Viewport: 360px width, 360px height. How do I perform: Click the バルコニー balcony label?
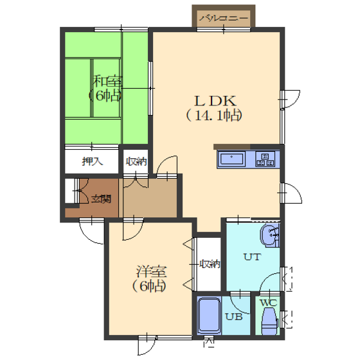[x=224, y=18]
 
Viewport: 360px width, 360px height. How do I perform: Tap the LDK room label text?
[x=215, y=101]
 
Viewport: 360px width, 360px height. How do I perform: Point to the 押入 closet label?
[x=93, y=161]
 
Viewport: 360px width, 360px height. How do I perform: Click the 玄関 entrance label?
[x=102, y=199]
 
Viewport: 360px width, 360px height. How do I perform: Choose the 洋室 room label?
[x=152, y=271]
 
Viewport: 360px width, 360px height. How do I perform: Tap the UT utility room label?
[x=252, y=256]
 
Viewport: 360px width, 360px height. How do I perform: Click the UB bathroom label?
[x=234, y=317]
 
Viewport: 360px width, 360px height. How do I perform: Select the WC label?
[x=269, y=303]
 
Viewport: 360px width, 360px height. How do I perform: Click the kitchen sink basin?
[x=231, y=159]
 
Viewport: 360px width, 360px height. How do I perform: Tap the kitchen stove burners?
[x=265, y=159]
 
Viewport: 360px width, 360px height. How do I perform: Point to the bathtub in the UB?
[x=209, y=315]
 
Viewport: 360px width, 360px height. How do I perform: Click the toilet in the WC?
[x=269, y=321]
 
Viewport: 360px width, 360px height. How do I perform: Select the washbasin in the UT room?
[x=269, y=235]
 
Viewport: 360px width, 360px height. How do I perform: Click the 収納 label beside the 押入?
[x=136, y=161]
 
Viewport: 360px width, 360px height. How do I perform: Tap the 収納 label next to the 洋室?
[x=210, y=264]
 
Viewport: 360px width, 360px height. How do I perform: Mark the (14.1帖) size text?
[x=213, y=116]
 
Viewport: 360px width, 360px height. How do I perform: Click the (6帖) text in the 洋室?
[x=149, y=286]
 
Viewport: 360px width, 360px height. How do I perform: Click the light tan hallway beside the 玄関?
[x=148, y=198]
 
